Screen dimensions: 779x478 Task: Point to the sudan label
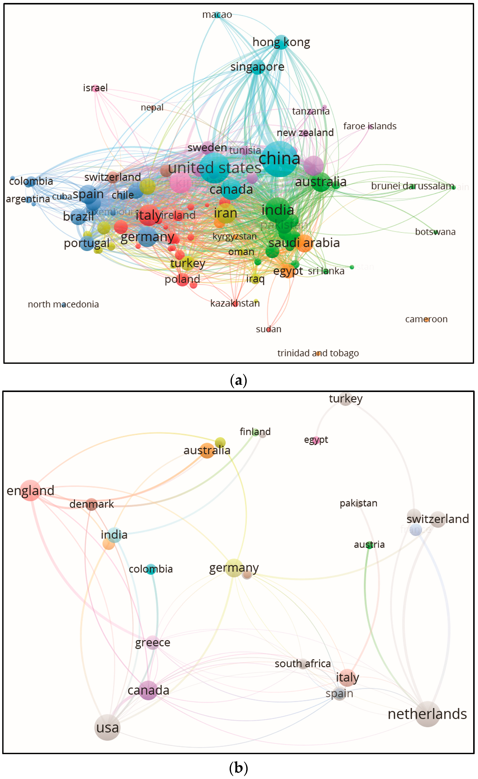(x=268, y=329)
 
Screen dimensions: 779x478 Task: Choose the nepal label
(x=152, y=107)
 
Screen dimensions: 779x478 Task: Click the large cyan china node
(x=280, y=159)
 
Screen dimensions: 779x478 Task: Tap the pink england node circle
(x=30, y=490)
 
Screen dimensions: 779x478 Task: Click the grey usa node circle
(x=107, y=727)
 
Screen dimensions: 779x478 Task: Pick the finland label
(x=255, y=432)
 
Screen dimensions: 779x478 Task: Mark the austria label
(x=369, y=545)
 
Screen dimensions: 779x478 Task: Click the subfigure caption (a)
(x=239, y=380)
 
